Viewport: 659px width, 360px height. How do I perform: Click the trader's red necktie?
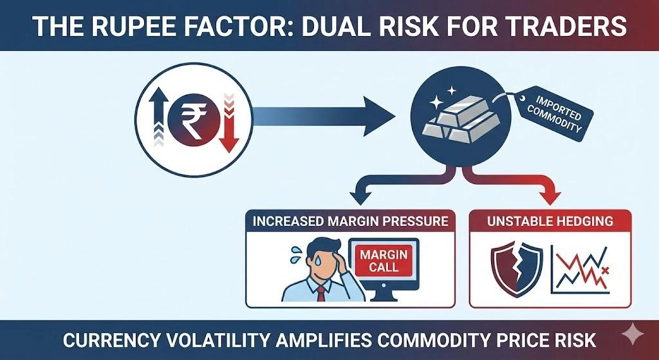(320, 294)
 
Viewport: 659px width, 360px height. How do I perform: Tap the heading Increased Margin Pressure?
(350, 221)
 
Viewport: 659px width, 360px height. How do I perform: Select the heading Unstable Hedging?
(549, 221)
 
